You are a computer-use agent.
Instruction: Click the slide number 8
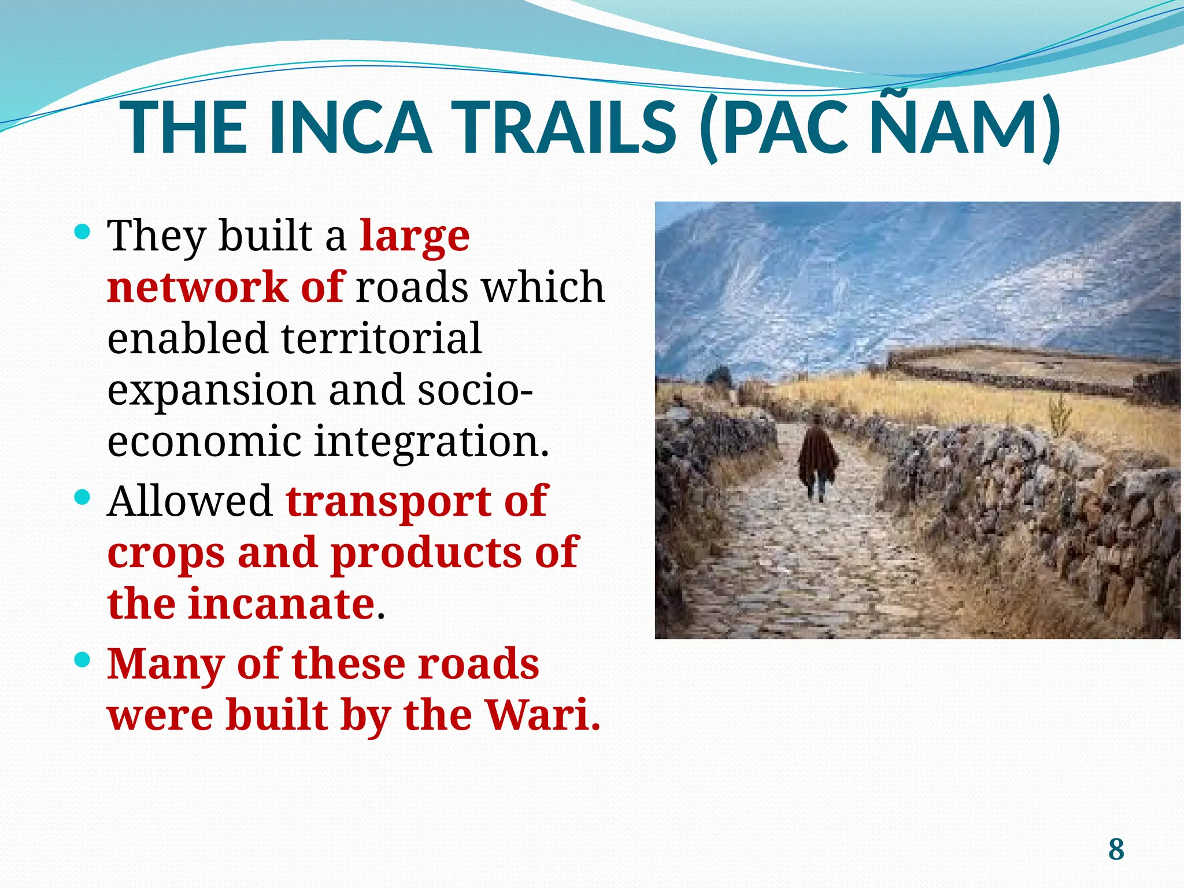(x=1116, y=850)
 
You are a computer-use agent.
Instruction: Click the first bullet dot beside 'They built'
(x=83, y=232)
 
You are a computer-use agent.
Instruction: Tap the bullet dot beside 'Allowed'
(x=83, y=497)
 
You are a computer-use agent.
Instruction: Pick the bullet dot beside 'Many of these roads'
(x=83, y=660)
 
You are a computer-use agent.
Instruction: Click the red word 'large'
(x=415, y=237)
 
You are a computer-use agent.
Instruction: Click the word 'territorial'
(x=381, y=338)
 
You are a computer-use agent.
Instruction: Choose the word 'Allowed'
(x=190, y=501)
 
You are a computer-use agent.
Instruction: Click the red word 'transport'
(x=388, y=502)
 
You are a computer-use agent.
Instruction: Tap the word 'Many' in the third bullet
(x=166, y=665)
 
